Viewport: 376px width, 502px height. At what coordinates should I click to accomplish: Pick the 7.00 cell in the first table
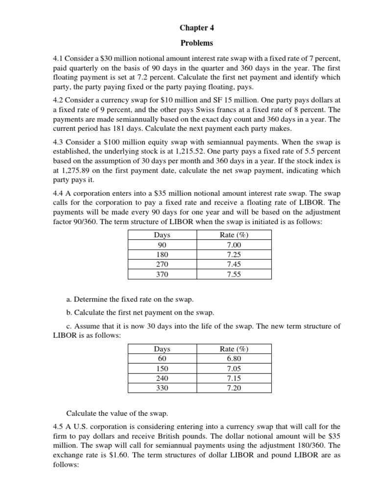coord(234,245)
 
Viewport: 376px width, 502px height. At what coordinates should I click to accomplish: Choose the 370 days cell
coord(162,275)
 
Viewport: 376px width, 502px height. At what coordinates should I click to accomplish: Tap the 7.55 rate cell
coord(234,275)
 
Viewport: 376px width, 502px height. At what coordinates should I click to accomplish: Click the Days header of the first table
coord(162,235)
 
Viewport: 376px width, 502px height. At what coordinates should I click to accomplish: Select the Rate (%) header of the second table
coord(234,349)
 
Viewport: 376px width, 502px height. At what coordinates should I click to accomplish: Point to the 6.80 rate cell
coord(234,359)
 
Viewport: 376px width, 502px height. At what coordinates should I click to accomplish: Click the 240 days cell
coord(162,378)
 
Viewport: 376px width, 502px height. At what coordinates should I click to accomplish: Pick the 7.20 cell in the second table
coord(234,388)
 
